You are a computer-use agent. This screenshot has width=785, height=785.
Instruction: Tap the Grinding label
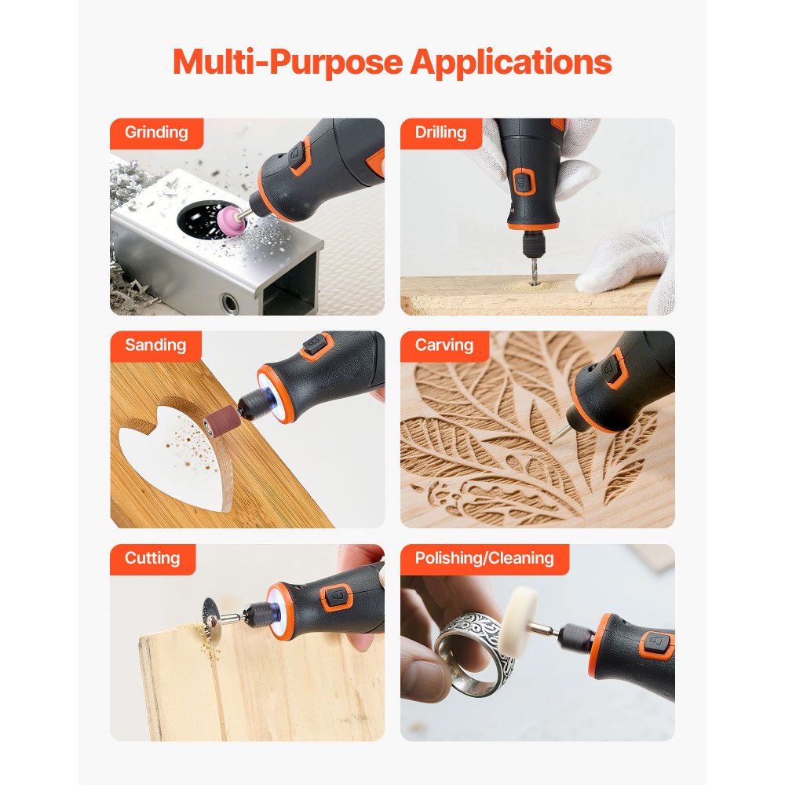point(156,133)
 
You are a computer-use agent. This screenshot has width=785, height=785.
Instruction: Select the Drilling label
point(440,133)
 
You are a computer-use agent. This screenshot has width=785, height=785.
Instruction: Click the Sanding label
point(155,345)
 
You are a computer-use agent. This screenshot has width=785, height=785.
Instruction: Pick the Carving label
point(444,345)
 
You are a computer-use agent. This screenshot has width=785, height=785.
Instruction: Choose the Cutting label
point(152,559)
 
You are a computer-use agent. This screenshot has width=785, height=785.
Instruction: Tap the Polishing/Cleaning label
point(484,559)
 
